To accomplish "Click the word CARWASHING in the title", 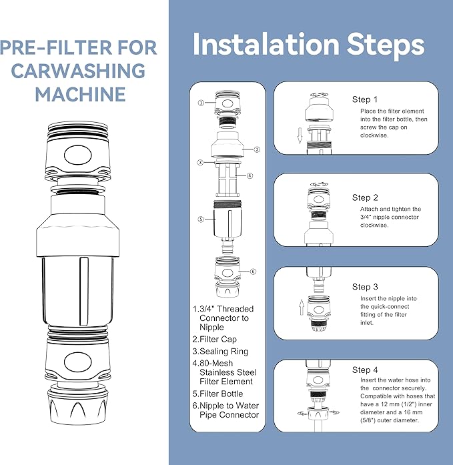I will tap(80, 70).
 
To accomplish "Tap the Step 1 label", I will tap(365, 99).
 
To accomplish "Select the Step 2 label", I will tap(365, 197).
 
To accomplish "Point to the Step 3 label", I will tap(365, 287).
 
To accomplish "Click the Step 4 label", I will tap(365, 370).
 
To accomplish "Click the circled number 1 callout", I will tap(199, 103).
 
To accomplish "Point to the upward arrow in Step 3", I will tap(301, 308).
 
